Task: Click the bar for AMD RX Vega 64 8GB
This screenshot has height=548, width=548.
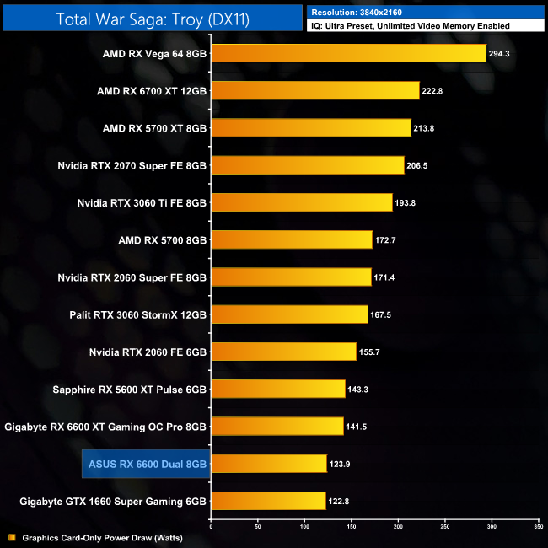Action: (x=348, y=54)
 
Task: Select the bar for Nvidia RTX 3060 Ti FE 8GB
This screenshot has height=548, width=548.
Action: (x=301, y=202)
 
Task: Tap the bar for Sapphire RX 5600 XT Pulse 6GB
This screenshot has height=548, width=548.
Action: (x=277, y=389)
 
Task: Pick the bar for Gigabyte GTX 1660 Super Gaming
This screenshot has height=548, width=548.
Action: (x=268, y=501)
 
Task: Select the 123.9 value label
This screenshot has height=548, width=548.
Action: (x=342, y=464)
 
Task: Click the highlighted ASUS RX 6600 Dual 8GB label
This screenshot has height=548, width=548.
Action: (x=148, y=463)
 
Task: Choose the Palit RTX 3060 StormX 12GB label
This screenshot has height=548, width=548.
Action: (x=137, y=314)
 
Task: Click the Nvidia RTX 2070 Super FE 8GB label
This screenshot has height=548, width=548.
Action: (x=132, y=165)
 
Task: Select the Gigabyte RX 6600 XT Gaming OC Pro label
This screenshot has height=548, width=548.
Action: (x=105, y=426)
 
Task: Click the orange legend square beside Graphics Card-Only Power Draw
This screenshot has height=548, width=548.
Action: (x=11, y=537)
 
